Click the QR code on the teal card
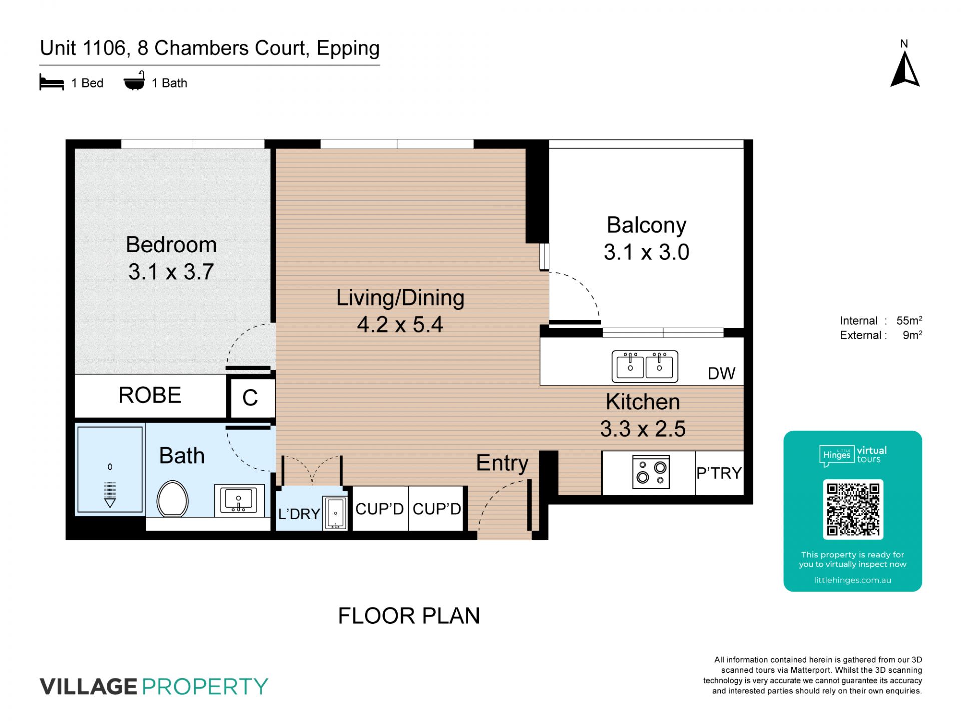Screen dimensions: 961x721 (853, 509)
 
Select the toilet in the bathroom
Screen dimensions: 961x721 (172, 499)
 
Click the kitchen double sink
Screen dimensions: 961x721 (645, 366)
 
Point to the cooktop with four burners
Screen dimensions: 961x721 (651, 472)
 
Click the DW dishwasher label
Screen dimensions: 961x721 (721, 373)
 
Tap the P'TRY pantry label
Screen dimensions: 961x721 (719, 473)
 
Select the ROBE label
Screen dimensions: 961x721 (150, 395)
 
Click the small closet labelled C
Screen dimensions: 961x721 (250, 398)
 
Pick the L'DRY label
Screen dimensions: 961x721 (299, 514)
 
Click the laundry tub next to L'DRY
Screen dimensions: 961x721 (335, 513)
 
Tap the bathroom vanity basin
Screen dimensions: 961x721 (239, 500)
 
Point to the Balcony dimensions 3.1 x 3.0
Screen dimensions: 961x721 (646, 252)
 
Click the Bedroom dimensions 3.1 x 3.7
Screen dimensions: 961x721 (171, 272)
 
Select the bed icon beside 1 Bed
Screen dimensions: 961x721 (52, 83)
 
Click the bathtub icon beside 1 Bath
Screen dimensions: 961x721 (134, 81)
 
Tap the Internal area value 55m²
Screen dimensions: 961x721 (909, 320)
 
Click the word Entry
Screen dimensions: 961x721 (502, 463)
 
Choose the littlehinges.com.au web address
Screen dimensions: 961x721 (853, 580)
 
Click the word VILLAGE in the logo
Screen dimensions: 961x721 (88, 686)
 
